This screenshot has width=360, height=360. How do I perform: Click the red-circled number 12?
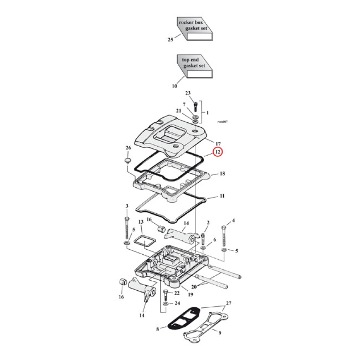[217, 152]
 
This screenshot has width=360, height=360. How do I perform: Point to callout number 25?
[171, 40]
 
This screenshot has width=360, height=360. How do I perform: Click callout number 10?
[175, 86]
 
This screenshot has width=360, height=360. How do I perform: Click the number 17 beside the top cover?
[217, 144]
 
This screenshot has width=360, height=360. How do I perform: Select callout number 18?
[222, 173]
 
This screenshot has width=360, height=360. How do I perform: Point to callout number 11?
[222, 197]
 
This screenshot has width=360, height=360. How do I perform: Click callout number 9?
[220, 333]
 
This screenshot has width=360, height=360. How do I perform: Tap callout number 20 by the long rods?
[194, 287]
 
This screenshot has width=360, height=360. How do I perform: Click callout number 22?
[177, 293]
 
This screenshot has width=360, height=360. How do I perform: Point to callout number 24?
[177, 303]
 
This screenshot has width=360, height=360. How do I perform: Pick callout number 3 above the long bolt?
[127, 206]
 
